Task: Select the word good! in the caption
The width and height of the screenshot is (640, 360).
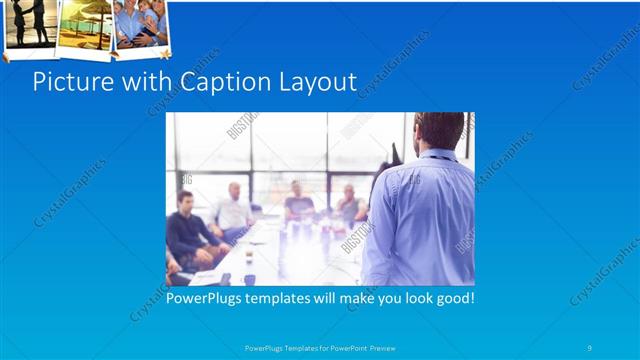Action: point(451,298)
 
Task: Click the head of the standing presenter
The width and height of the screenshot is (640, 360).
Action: point(438,130)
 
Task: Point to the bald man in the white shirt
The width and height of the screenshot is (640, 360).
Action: point(234,208)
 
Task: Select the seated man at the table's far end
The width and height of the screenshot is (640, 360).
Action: point(298,200)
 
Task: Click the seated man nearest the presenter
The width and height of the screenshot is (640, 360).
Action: point(349,205)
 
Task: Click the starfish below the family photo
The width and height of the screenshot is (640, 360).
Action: point(166,51)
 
